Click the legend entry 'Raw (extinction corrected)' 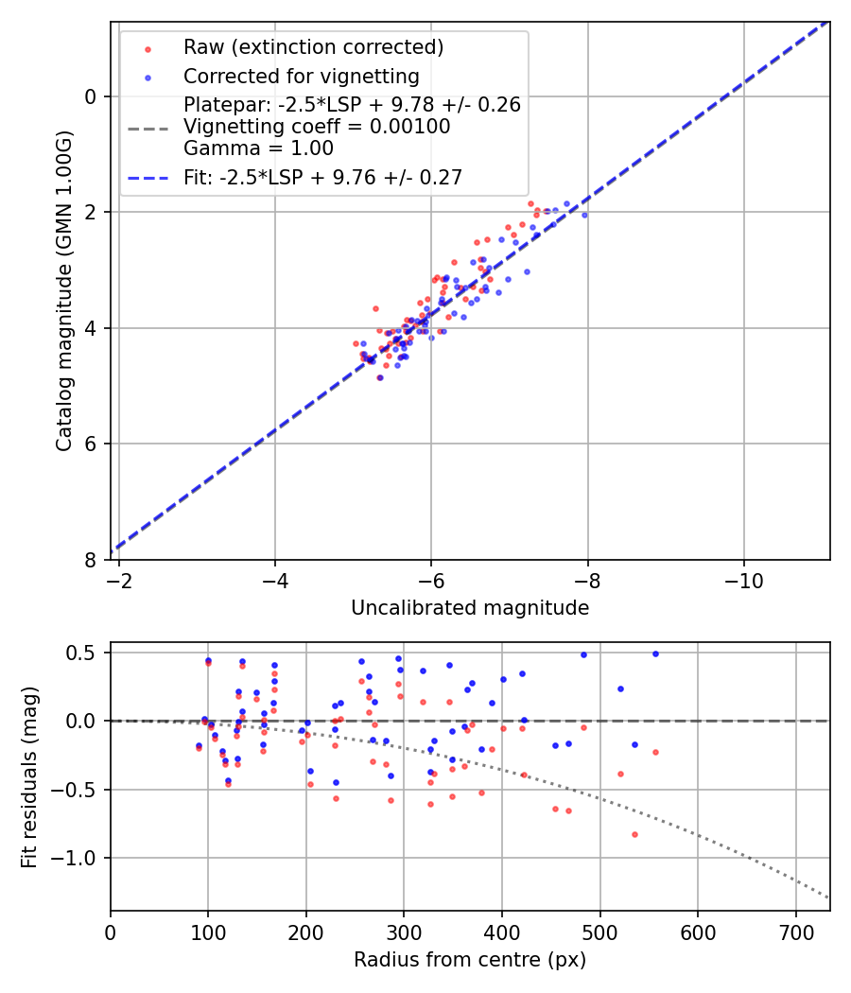(313, 47)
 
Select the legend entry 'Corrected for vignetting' (302, 76)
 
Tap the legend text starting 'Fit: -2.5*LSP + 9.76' (322, 177)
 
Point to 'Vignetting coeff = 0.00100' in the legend (317, 127)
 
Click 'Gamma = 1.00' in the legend (258, 148)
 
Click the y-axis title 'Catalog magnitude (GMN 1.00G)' (63, 290)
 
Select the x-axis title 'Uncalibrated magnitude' (470, 608)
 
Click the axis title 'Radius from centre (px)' (470, 960)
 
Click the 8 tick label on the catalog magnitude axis (91, 560)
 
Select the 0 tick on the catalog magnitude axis (91, 96)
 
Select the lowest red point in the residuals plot (634, 834)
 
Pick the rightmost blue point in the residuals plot (654, 653)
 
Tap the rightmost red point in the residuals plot (654, 752)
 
